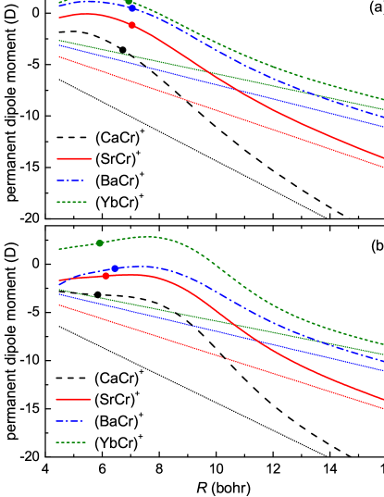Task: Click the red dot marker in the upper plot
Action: tap(132, 25)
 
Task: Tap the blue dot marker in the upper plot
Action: tap(131, 7)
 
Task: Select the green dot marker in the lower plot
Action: tap(100, 243)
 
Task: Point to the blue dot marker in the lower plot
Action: tap(115, 268)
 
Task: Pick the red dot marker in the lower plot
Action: tap(106, 275)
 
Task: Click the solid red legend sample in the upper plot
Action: tap(74, 158)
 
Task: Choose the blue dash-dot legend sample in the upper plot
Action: tap(71, 180)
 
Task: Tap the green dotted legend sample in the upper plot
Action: tap(71, 202)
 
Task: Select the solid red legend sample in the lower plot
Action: tap(73, 399)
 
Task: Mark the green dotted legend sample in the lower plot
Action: tap(71, 442)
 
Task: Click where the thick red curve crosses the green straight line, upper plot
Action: tap(209, 72)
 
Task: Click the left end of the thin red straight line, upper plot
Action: tap(58, 56)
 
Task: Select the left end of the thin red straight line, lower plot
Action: tap(58, 305)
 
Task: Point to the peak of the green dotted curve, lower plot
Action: tap(146, 237)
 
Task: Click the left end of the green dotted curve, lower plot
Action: tap(58, 249)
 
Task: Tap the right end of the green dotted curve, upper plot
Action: tap(383, 99)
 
